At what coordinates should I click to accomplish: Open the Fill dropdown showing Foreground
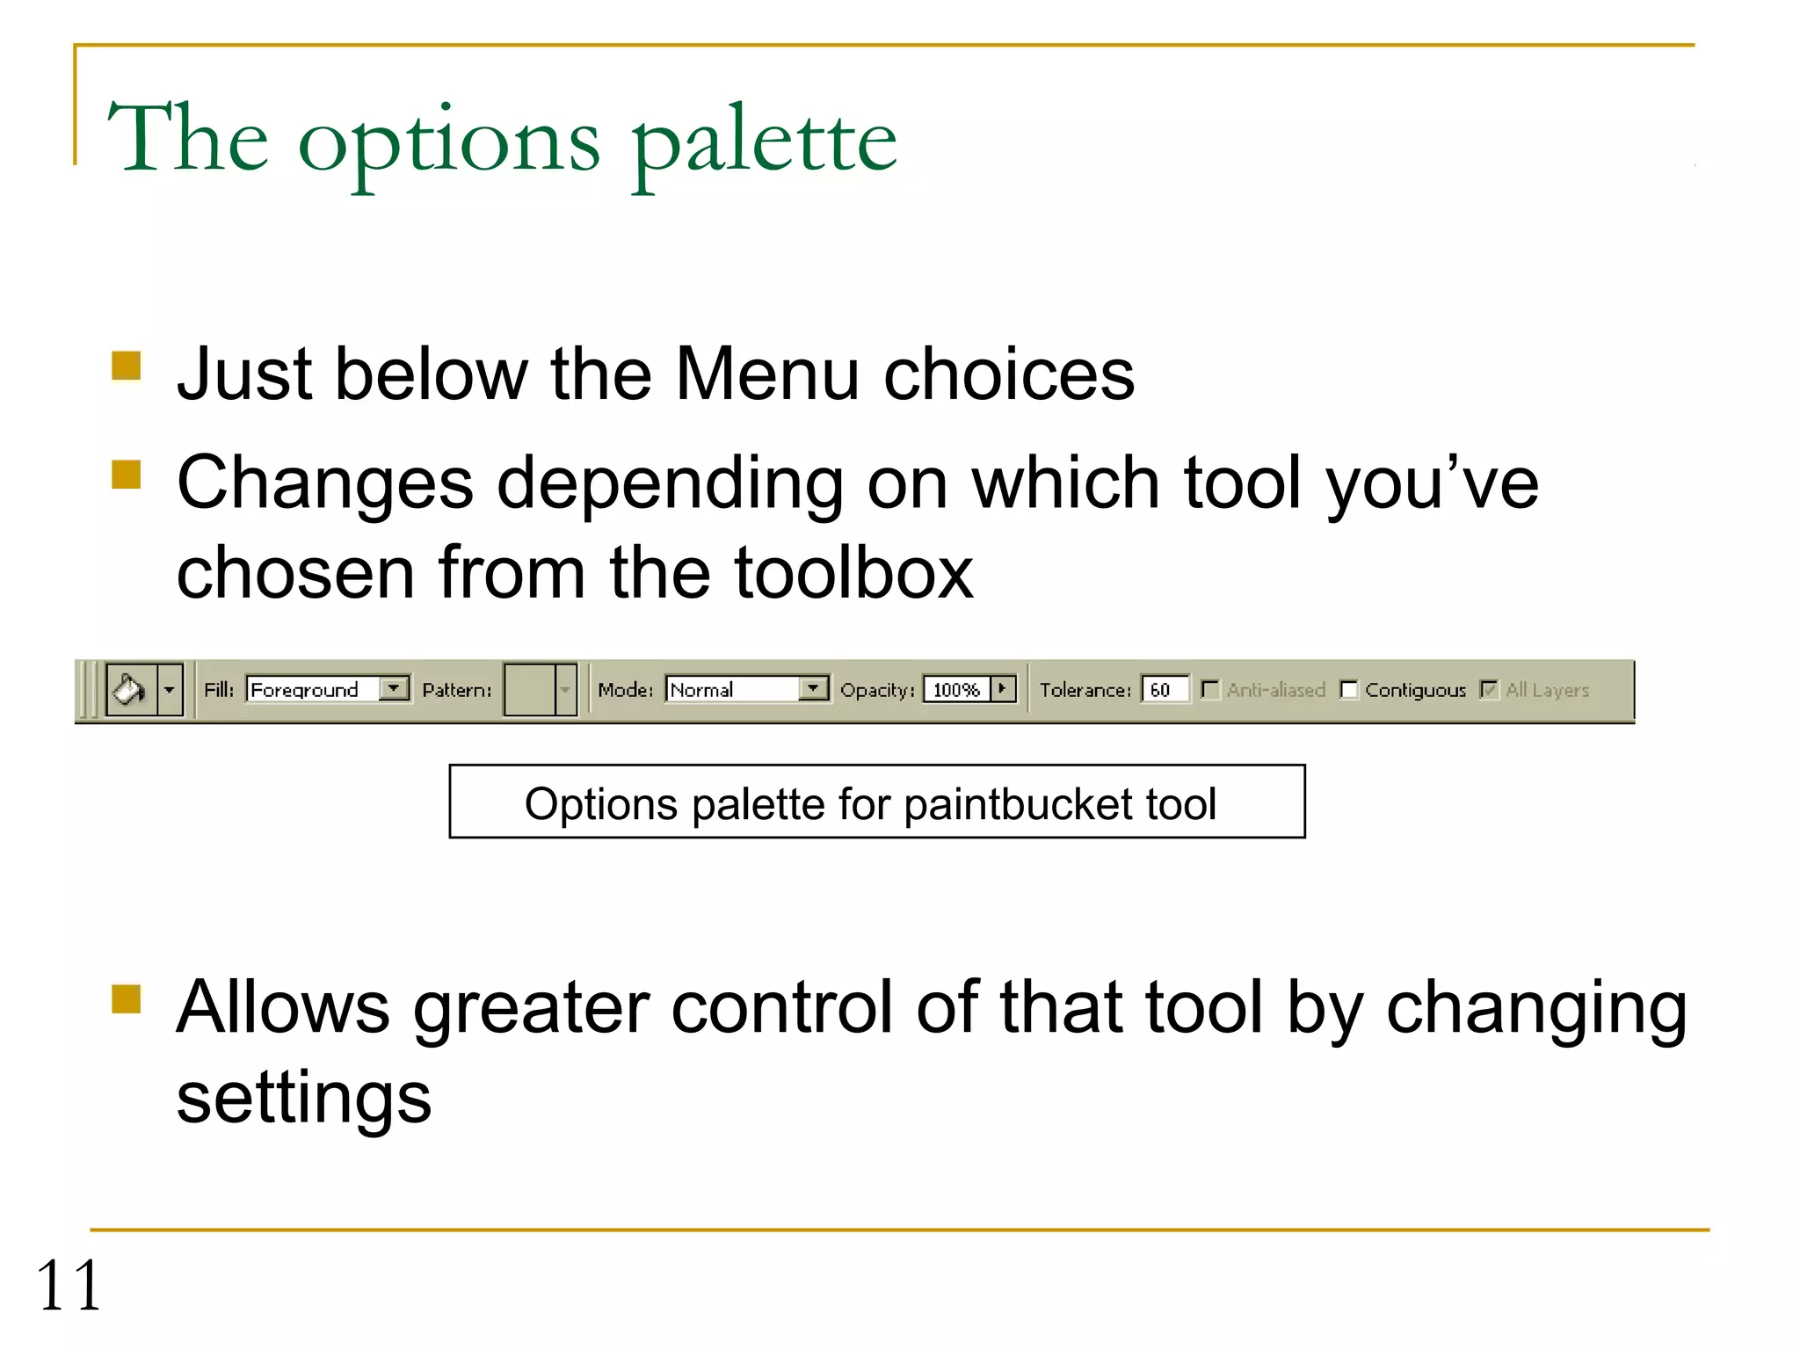(x=328, y=689)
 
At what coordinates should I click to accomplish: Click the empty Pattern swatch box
(x=529, y=690)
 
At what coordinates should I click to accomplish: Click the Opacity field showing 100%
(x=956, y=690)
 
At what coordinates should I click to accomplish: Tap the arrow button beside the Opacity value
(x=1003, y=689)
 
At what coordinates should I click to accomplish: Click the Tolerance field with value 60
(x=1165, y=690)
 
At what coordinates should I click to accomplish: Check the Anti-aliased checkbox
(x=1210, y=690)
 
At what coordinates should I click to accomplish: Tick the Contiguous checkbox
(x=1349, y=690)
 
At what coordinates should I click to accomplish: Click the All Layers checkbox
(x=1489, y=690)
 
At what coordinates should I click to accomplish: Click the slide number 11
(x=69, y=1285)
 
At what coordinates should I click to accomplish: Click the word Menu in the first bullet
(x=767, y=374)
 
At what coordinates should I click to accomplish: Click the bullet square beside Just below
(x=127, y=366)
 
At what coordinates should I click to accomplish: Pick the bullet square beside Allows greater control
(x=127, y=998)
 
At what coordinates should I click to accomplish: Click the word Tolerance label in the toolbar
(x=1085, y=690)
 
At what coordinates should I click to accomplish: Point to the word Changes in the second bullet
(x=325, y=483)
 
